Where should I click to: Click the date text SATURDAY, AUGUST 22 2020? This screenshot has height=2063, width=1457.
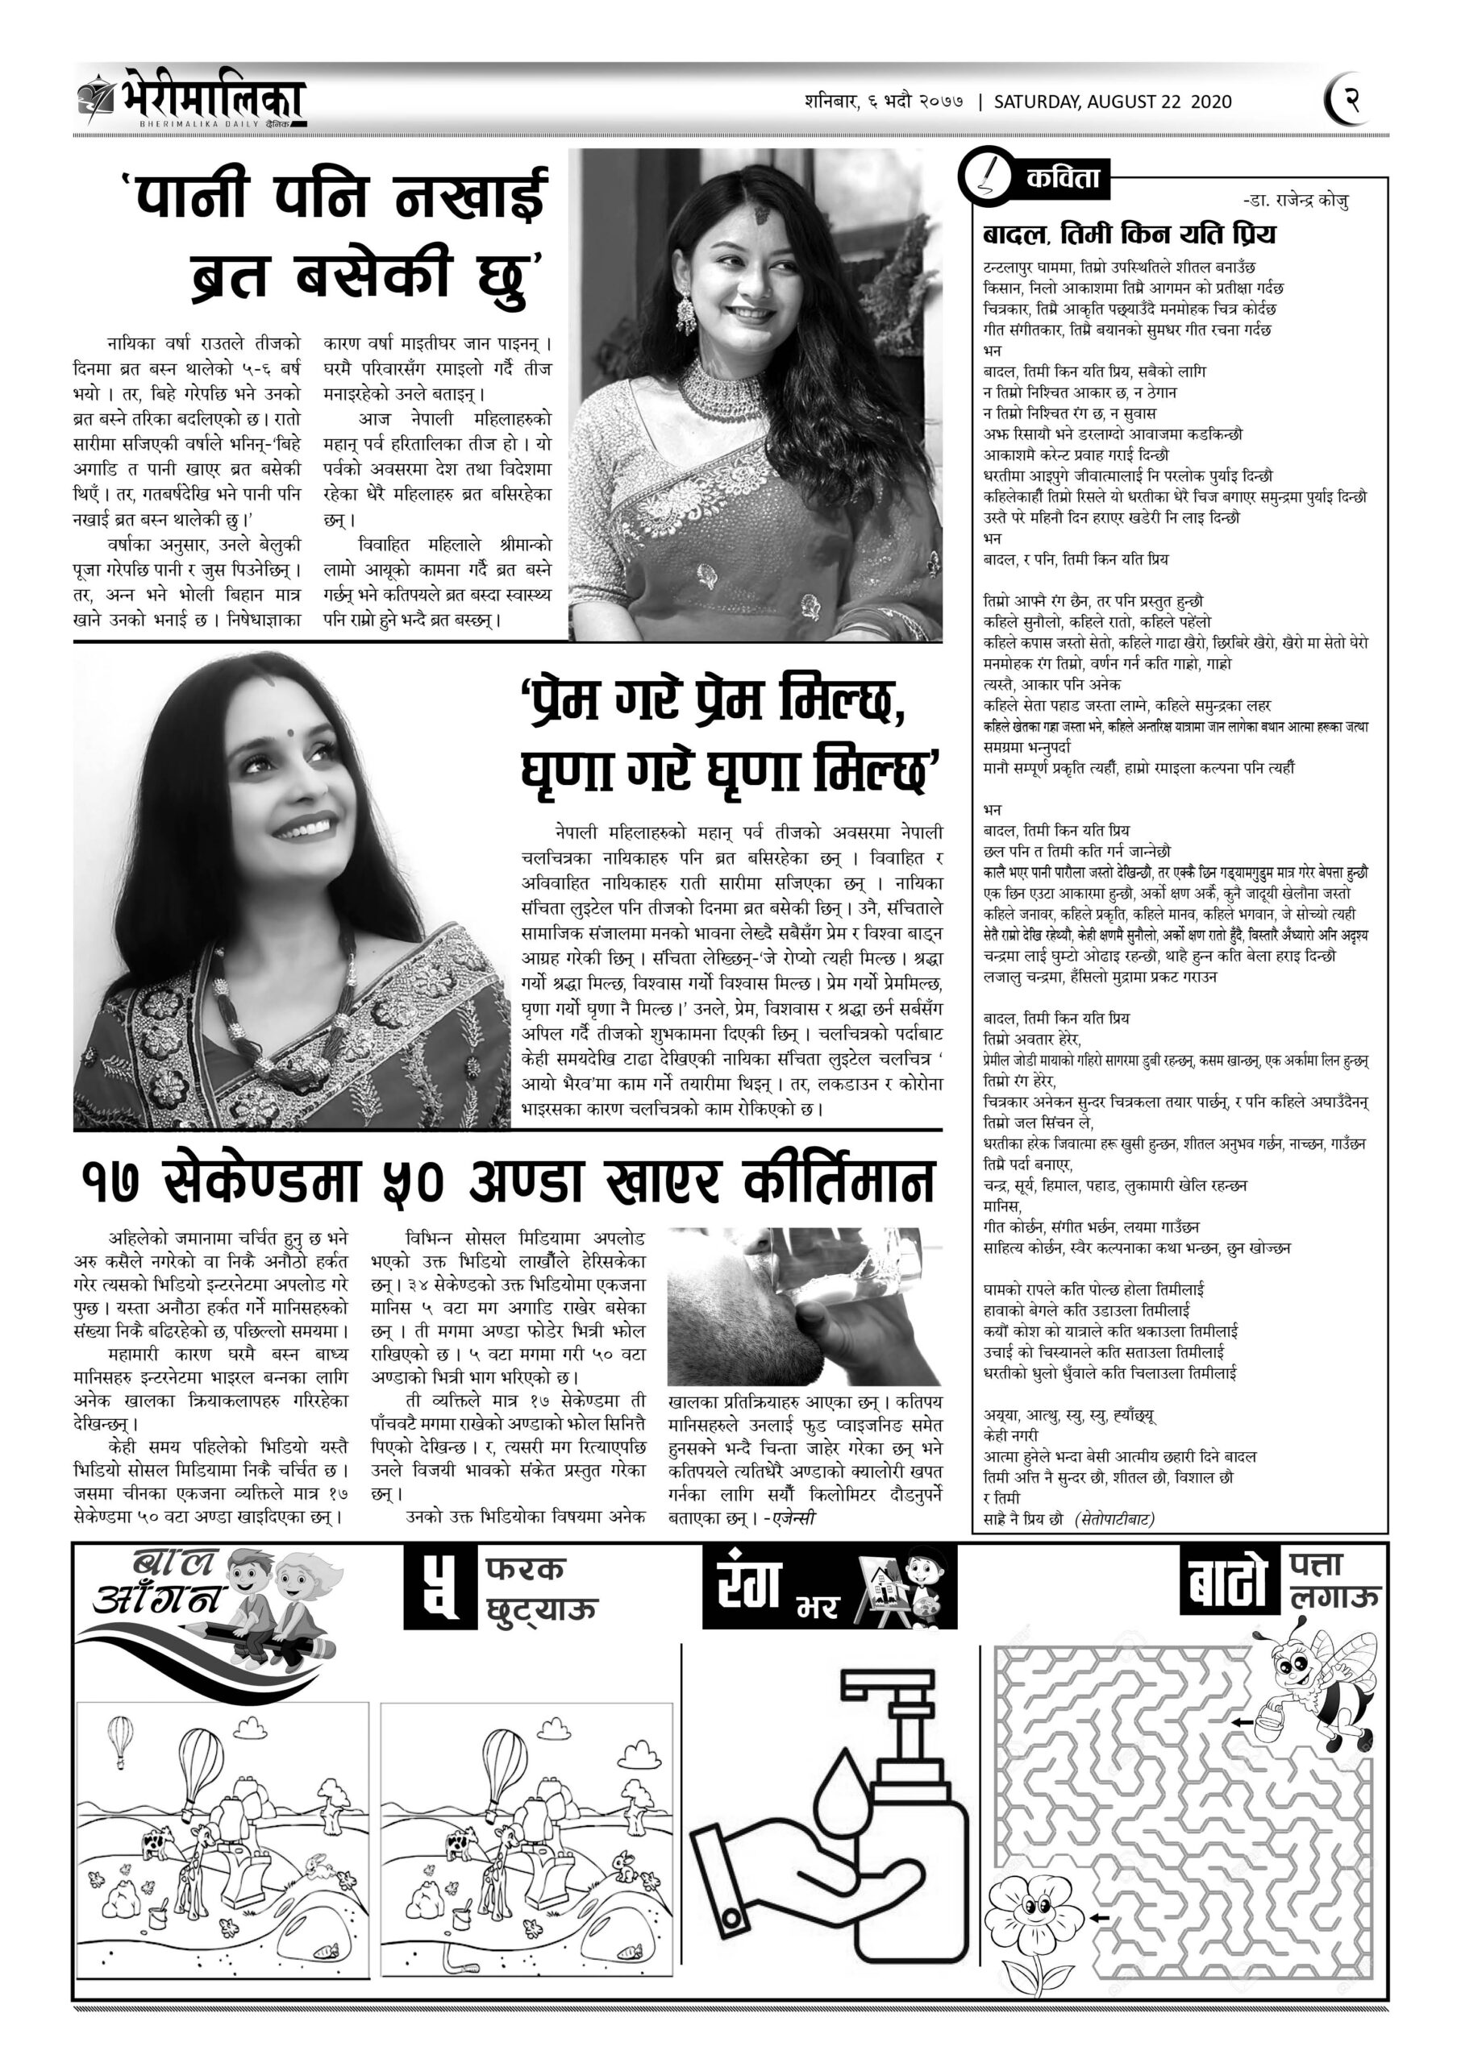1112,102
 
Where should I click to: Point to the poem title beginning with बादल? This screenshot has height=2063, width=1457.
1129,235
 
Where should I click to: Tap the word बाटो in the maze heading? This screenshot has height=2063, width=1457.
1227,1586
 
